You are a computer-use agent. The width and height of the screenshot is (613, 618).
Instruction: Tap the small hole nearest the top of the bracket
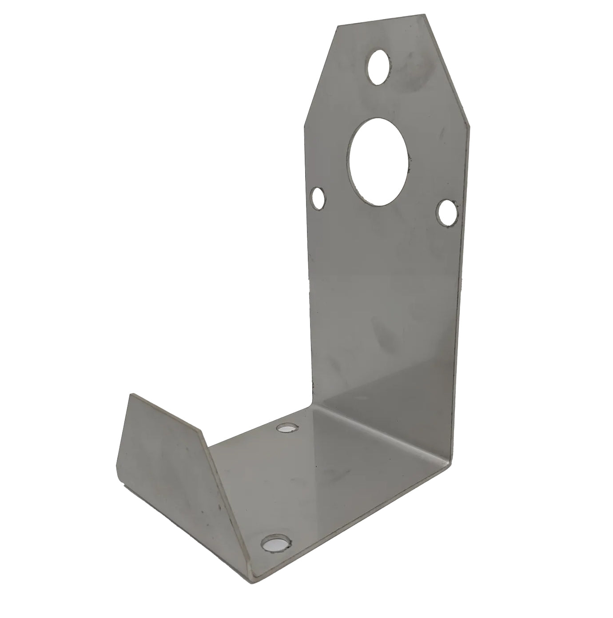coord(378,67)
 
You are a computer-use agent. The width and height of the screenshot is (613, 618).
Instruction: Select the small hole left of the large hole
coord(318,198)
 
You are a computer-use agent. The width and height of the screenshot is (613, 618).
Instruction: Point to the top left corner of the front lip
coord(130,395)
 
